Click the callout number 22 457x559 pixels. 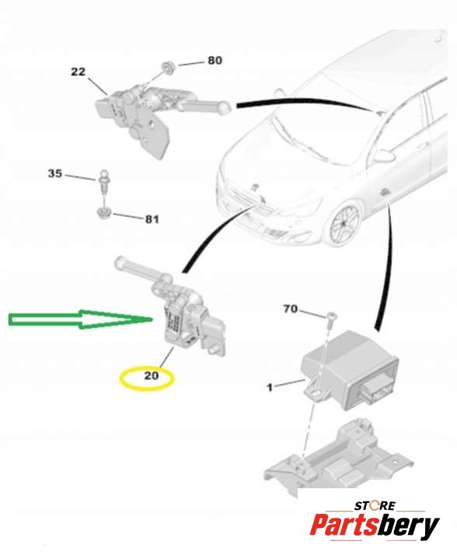[x=78, y=72]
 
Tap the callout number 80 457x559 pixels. [x=215, y=61]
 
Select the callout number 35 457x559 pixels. [x=55, y=173]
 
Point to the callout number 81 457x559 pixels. [x=152, y=219]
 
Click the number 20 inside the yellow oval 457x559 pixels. [x=151, y=376]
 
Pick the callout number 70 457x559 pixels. [x=290, y=309]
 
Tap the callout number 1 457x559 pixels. [x=270, y=387]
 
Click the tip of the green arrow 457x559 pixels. [x=152, y=320]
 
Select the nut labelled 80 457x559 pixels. [x=166, y=67]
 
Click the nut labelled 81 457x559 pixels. [x=103, y=213]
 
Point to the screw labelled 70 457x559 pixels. [x=331, y=316]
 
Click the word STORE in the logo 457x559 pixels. [x=375, y=505]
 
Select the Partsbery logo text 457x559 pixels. [x=375, y=526]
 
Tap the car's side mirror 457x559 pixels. [x=385, y=156]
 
